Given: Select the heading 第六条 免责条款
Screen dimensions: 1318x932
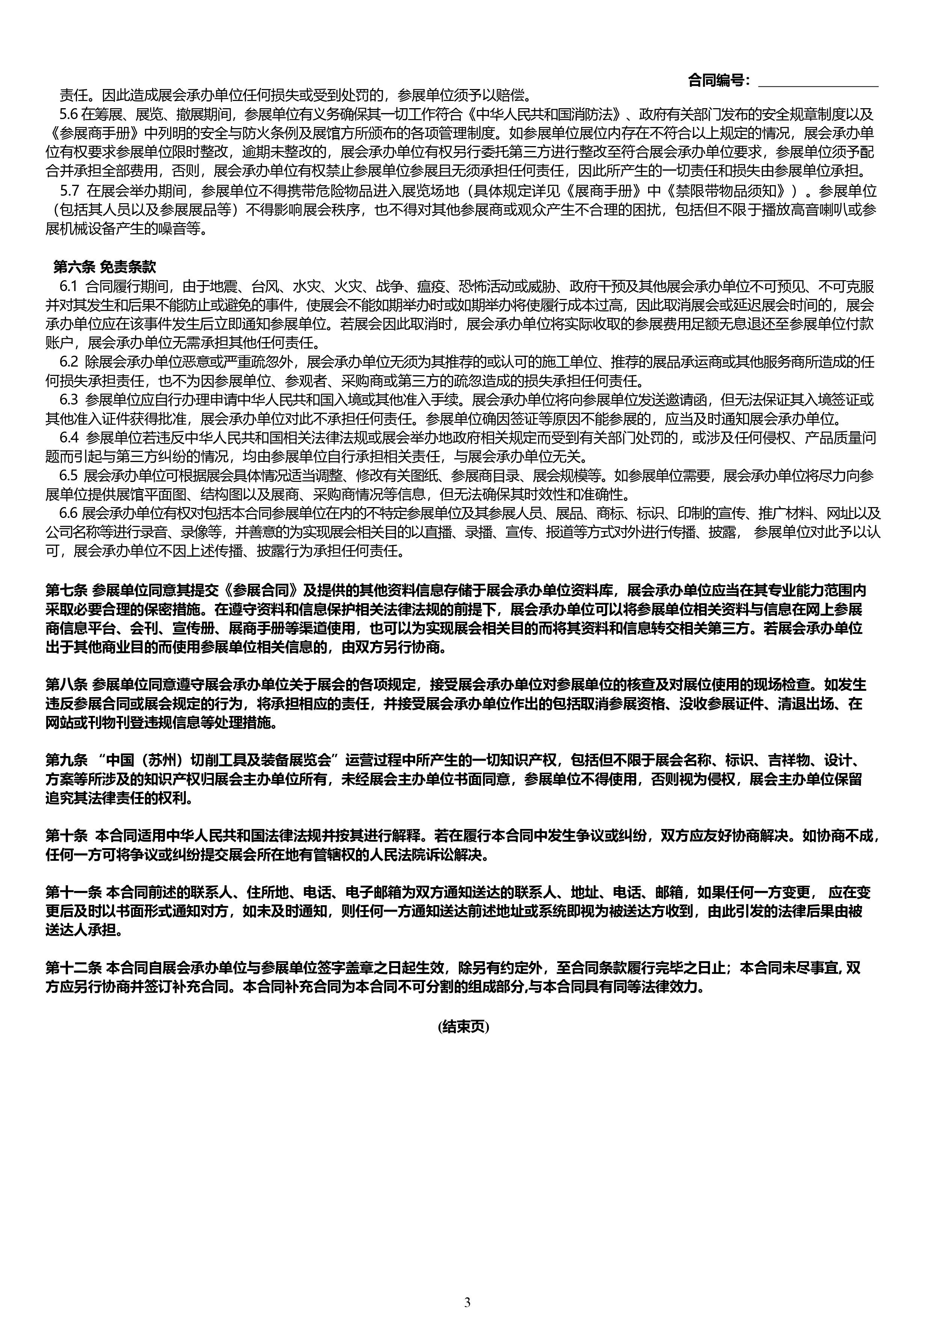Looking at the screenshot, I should pyautogui.click(x=104, y=267).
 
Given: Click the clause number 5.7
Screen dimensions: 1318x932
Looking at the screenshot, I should pyautogui.click(x=69, y=190).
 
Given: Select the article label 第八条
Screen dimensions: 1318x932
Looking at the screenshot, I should pyautogui.click(x=66, y=685).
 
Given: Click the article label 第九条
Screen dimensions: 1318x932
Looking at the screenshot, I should pyautogui.click(x=66, y=761).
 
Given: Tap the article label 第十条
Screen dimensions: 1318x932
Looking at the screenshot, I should pyautogui.click(x=66, y=836).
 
